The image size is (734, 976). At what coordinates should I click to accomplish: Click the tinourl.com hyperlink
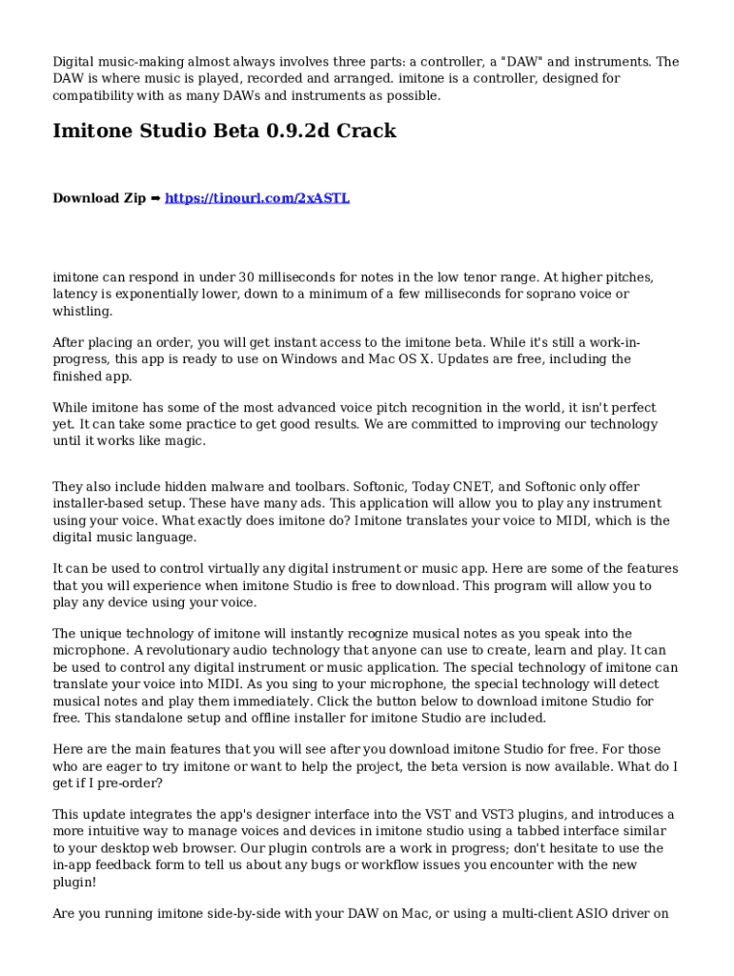point(257,198)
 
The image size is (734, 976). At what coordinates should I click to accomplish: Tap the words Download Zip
point(99,198)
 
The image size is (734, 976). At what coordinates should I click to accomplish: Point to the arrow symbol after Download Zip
point(155,198)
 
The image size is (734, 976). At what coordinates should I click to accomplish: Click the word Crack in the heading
point(365,132)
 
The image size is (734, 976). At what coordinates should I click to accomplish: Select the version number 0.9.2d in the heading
point(297,132)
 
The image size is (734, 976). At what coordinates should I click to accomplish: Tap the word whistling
point(83,312)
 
